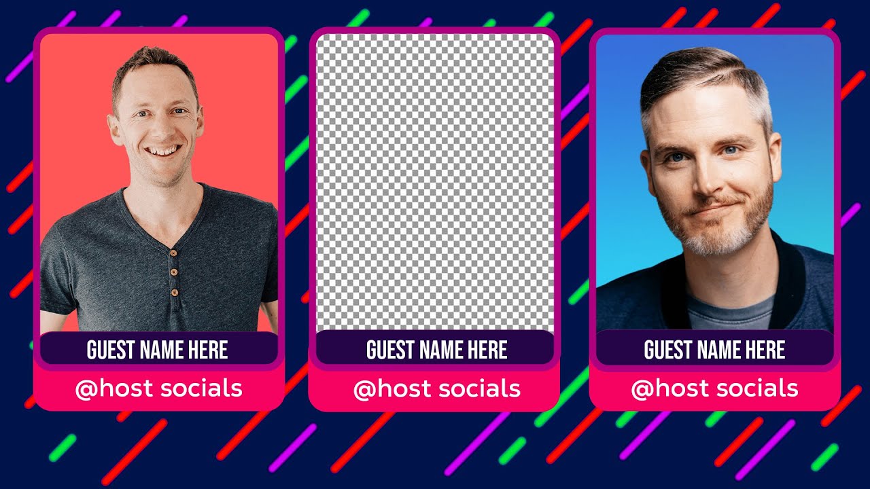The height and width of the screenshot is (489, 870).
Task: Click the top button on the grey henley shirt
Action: (x=173, y=253)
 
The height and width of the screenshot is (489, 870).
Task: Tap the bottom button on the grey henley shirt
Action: (x=175, y=292)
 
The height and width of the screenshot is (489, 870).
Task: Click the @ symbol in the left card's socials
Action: (x=86, y=390)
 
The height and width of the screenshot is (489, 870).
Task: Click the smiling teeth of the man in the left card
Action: (x=163, y=150)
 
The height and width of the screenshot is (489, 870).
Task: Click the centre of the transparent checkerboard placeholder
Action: (x=435, y=183)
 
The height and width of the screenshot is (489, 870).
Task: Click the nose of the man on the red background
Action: (x=160, y=128)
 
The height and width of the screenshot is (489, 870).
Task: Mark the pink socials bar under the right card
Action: (x=714, y=389)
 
